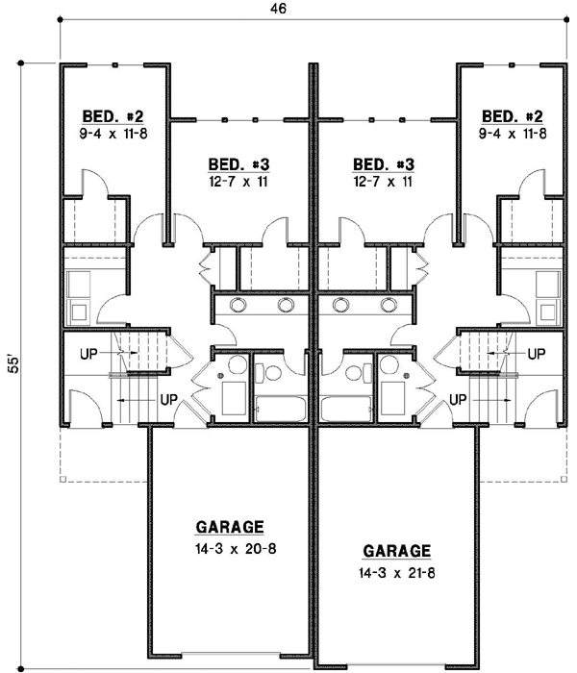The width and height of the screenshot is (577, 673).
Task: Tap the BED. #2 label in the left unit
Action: pyautogui.click(x=111, y=116)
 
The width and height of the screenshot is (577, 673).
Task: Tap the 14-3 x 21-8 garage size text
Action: pyautogui.click(x=396, y=574)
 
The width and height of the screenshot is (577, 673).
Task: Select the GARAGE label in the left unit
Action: pyautogui.click(x=230, y=527)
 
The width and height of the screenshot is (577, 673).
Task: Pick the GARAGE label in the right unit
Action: pyautogui.click(x=396, y=552)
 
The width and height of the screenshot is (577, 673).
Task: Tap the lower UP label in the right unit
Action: pyautogui.click(x=460, y=398)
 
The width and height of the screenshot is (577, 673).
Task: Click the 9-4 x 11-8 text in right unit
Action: pyautogui.click(x=514, y=133)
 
